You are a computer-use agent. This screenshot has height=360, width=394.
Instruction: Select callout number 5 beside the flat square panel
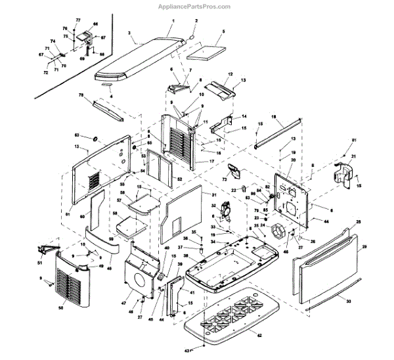click(x=223, y=31)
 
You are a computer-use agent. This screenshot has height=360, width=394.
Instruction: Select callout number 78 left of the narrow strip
click(x=81, y=96)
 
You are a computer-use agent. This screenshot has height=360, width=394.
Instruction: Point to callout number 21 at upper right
click(x=353, y=156)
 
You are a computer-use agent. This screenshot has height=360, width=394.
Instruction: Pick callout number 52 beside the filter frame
click(x=179, y=179)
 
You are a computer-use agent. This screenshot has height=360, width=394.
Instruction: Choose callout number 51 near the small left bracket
click(x=39, y=263)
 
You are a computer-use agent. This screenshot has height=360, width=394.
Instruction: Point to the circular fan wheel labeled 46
click(x=280, y=233)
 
